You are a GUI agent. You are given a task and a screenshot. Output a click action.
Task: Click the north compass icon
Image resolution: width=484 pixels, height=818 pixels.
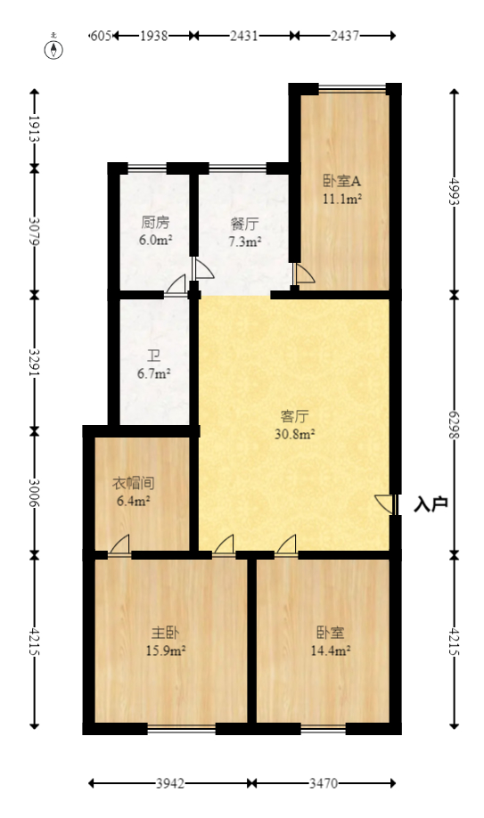pyautogui.click(x=55, y=46)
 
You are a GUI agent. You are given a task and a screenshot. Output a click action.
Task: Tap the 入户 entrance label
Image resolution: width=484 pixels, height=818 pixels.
pyautogui.click(x=431, y=504)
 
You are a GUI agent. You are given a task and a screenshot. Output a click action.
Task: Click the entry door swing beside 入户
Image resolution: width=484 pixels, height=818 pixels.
pyautogui.click(x=383, y=503)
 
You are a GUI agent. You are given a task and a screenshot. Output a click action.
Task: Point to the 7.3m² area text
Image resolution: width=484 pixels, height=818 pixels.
pyautogui.click(x=244, y=241)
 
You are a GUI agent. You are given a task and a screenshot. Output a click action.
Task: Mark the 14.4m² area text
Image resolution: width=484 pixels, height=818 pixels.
pyautogui.click(x=331, y=650)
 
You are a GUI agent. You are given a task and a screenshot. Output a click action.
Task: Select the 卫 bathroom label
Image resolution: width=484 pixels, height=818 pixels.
pyautogui.click(x=153, y=356)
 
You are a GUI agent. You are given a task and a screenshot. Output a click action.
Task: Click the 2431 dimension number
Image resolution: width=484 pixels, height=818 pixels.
pyautogui.click(x=243, y=36)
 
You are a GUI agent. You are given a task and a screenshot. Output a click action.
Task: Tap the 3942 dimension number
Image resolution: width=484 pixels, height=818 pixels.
pyautogui.click(x=170, y=784)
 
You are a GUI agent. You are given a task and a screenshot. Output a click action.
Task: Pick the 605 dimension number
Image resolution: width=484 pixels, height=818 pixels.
pyautogui.click(x=100, y=36)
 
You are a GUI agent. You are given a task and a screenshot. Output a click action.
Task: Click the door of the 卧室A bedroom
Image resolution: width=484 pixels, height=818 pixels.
pyautogui.click(x=303, y=274)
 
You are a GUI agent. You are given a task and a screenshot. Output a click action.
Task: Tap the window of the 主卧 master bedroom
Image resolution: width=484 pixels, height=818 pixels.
pyautogui.click(x=181, y=728)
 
